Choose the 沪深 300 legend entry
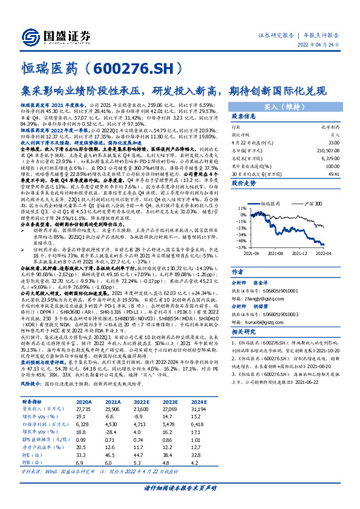pos(312,205)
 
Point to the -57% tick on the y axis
pos(239,247)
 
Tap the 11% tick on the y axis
pos(240,207)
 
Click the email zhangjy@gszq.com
pos(261,282)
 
